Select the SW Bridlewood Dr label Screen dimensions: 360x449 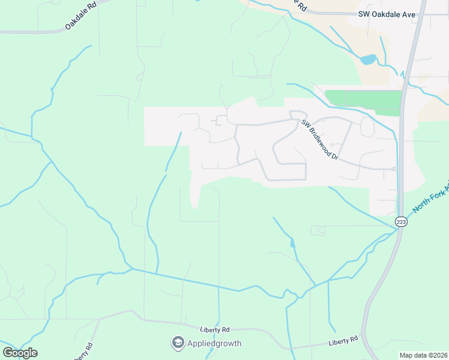[319, 140]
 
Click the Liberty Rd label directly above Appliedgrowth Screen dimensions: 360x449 [215, 330]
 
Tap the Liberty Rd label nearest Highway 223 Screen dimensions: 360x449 [343, 341]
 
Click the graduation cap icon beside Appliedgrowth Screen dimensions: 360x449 [178, 343]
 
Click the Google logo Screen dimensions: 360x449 [20, 353]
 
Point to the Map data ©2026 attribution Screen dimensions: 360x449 [423, 355]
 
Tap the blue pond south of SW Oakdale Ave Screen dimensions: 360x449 [368, 59]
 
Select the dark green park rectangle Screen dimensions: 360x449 [363, 103]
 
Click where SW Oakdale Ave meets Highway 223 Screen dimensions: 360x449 [418, 13]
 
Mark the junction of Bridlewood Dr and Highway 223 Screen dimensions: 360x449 [399, 169]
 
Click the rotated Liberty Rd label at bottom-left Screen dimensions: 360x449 [83, 352]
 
